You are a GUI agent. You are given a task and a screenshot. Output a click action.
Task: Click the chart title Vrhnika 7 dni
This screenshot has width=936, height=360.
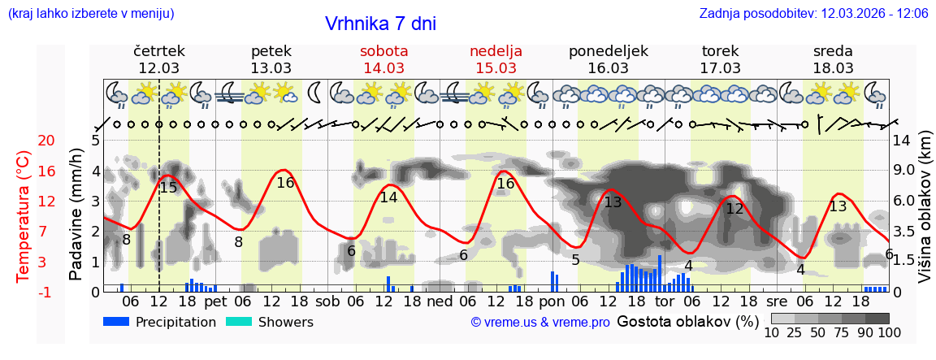click(x=380, y=24)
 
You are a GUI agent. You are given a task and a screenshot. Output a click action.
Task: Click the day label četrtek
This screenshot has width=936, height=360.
click(x=159, y=51)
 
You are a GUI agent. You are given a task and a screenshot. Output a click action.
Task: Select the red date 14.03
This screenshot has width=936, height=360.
click(x=383, y=68)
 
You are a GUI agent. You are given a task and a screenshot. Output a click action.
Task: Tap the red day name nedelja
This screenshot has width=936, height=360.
click(x=496, y=51)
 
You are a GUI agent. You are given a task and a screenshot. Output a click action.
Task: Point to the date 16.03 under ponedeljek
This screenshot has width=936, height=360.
click(x=608, y=68)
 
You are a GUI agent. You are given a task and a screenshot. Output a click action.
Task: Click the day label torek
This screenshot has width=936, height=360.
click(x=720, y=51)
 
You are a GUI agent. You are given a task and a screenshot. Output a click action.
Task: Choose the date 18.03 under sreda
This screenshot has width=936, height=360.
click(x=833, y=68)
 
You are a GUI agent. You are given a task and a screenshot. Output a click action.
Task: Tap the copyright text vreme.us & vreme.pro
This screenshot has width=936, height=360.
click(x=540, y=323)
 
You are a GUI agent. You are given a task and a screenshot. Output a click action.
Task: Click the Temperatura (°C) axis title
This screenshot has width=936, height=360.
click(x=24, y=215)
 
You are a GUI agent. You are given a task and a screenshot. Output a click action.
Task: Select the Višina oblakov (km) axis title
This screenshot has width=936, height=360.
click(x=925, y=215)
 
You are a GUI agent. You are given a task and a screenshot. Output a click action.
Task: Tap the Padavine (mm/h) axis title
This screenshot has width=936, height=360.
click(x=76, y=215)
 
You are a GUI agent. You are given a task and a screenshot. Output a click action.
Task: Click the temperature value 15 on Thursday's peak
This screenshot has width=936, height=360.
click(x=168, y=188)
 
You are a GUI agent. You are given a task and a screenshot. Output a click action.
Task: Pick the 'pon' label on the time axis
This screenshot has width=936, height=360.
click(x=552, y=301)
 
